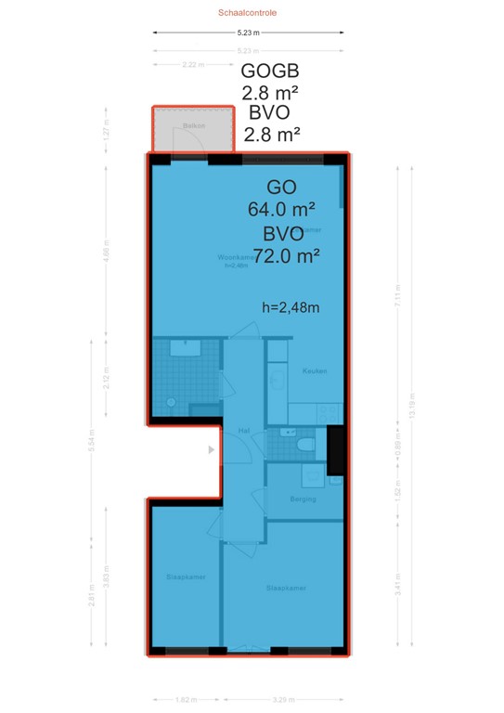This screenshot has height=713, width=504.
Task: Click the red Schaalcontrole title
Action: click(x=247, y=14)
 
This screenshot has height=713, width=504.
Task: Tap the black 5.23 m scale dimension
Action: click(x=247, y=32)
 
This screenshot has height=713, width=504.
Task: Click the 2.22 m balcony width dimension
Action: click(x=192, y=65)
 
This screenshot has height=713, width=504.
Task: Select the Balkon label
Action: click(x=193, y=124)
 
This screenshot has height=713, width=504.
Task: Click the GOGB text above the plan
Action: click(x=270, y=71)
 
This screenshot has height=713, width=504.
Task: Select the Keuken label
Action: click(x=315, y=371)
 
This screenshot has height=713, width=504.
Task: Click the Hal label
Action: click(x=244, y=431)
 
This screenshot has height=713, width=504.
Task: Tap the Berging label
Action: click(x=303, y=499)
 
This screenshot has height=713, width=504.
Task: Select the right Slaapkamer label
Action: click(x=286, y=588)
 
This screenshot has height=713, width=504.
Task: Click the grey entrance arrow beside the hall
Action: click(x=212, y=450)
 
